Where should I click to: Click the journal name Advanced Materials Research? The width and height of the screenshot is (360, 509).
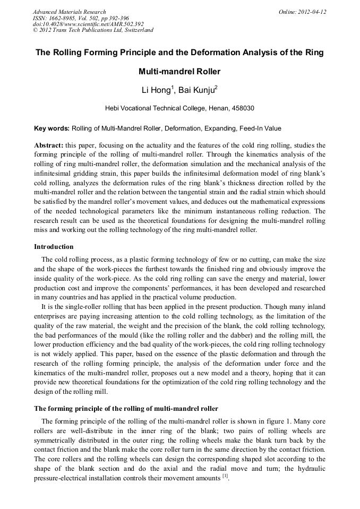(69, 12)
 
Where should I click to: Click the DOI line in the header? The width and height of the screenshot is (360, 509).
(88, 24)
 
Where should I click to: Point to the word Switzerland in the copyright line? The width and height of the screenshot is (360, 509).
(138, 30)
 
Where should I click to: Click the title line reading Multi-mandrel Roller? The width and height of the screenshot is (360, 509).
(179, 71)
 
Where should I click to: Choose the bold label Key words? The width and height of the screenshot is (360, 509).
(52, 128)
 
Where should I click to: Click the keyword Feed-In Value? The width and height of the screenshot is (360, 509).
(261, 128)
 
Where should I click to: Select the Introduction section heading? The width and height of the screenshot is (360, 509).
(54, 247)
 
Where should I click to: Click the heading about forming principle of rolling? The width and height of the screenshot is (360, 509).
(126, 408)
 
